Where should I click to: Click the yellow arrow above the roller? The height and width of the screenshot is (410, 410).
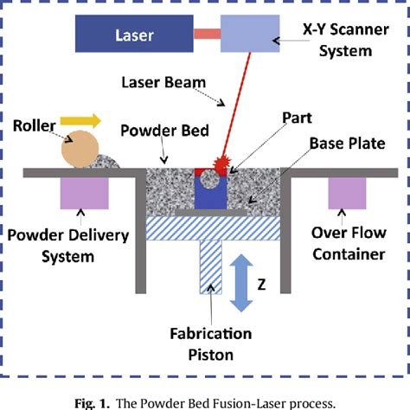click(x=81, y=119)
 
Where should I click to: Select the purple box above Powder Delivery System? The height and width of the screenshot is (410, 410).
click(x=83, y=192)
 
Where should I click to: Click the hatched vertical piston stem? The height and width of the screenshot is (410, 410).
click(x=210, y=266)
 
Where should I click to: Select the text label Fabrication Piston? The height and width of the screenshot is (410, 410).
click(x=209, y=343)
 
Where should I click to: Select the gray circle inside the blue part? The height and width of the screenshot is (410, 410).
click(x=210, y=179)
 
